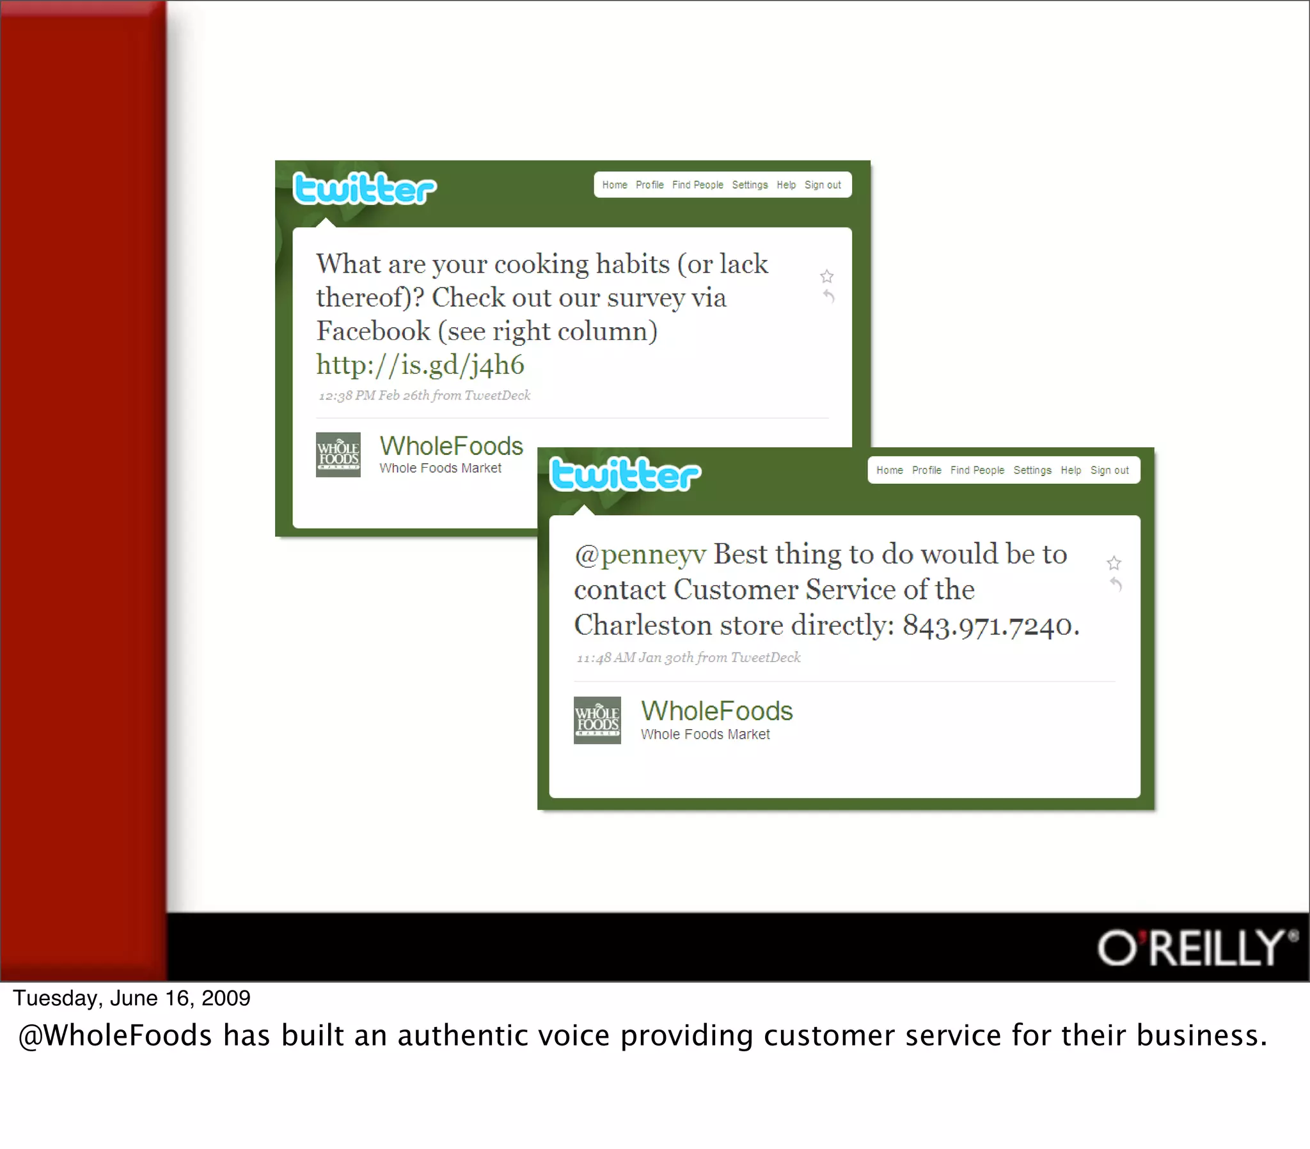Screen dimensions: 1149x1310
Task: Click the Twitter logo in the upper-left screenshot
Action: pyautogui.click(x=364, y=189)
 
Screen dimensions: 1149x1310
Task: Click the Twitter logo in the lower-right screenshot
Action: pyautogui.click(x=625, y=475)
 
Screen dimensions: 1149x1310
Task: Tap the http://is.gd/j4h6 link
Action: pyautogui.click(x=420, y=365)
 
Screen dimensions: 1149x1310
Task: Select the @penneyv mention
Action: pyautogui.click(x=640, y=555)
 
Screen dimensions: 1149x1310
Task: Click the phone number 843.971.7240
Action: pyautogui.click(x=990, y=626)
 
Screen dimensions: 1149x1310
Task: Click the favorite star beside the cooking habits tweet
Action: pyautogui.click(x=827, y=276)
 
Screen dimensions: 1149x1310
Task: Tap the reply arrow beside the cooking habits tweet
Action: pyautogui.click(x=829, y=296)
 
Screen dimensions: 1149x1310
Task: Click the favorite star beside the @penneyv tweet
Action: pyautogui.click(x=1114, y=563)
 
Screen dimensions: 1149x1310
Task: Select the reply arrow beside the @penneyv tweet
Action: pyautogui.click(x=1116, y=583)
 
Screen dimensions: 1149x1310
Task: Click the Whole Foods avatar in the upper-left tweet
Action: pyautogui.click(x=338, y=454)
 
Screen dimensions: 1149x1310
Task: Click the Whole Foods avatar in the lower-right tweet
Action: pyautogui.click(x=597, y=720)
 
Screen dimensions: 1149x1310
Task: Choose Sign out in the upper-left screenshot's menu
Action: pyautogui.click(x=823, y=185)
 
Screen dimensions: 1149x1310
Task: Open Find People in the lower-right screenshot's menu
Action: pyautogui.click(x=977, y=470)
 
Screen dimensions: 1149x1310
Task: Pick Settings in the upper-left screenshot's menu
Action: pyautogui.click(x=749, y=185)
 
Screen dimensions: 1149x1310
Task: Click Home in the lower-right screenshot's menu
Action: pyautogui.click(x=889, y=470)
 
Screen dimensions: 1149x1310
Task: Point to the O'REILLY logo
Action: pyautogui.click(x=1196, y=947)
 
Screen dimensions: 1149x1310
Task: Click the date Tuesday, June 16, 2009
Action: pyautogui.click(x=131, y=998)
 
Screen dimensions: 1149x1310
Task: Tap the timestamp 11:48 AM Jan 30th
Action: pyautogui.click(x=635, y=658)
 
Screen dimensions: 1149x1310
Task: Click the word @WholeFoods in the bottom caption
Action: pyautogui.click(x=115, y=1036)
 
